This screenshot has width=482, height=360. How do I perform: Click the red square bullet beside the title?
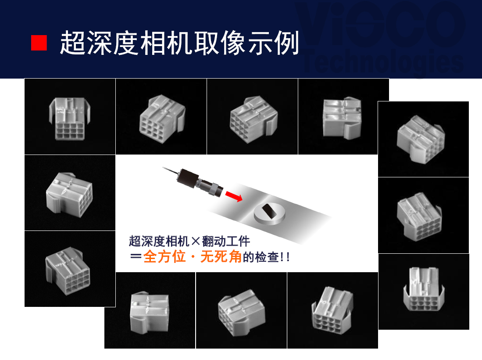(39, 43)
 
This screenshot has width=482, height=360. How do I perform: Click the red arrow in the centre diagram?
(234, 196)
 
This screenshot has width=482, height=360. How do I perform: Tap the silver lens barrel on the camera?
(210, 187)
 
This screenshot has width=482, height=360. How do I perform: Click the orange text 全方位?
(164, 257)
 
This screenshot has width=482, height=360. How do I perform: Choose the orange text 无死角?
(221, 257)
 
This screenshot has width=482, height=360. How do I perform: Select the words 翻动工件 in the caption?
(226, 241)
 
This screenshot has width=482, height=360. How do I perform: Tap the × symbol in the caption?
(196, 241)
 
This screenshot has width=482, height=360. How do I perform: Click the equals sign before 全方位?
(136, 257)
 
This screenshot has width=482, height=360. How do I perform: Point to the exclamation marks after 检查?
(285, 257)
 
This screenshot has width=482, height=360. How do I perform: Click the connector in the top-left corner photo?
(70, 119)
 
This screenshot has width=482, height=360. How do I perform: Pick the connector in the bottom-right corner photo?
(424, 289)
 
